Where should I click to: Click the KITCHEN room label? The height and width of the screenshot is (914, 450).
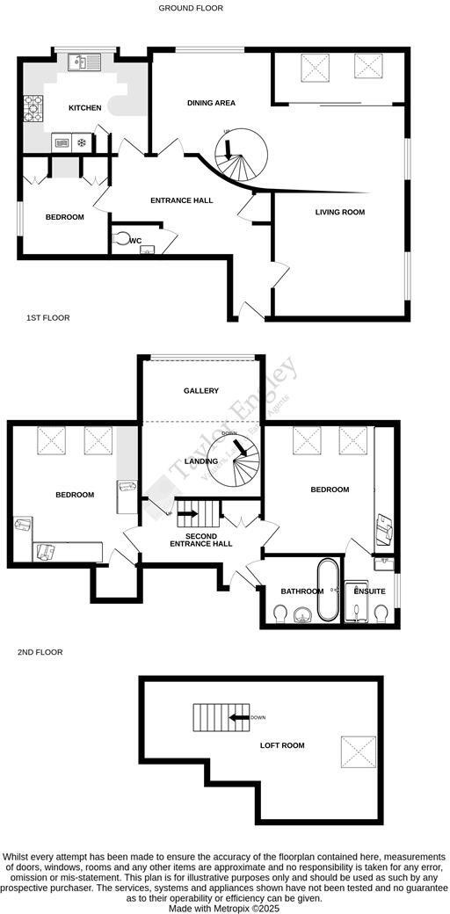85,108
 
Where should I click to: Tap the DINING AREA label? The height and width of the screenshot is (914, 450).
211,103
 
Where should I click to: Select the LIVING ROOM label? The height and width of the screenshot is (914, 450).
340,212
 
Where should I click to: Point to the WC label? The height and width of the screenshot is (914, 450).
135,240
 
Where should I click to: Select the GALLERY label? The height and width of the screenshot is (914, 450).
201,390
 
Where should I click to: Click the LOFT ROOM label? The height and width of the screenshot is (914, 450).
282,745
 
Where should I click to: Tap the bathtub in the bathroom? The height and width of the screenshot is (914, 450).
327,589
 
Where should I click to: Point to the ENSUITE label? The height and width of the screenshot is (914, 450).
369,591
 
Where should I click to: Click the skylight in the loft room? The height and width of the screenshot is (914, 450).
358,751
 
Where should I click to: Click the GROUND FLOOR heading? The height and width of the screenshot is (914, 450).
191,8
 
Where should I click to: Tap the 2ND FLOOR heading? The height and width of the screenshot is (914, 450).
40,652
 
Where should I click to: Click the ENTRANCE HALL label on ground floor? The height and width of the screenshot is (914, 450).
182,200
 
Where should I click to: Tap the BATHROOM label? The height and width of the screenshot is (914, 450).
296,591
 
